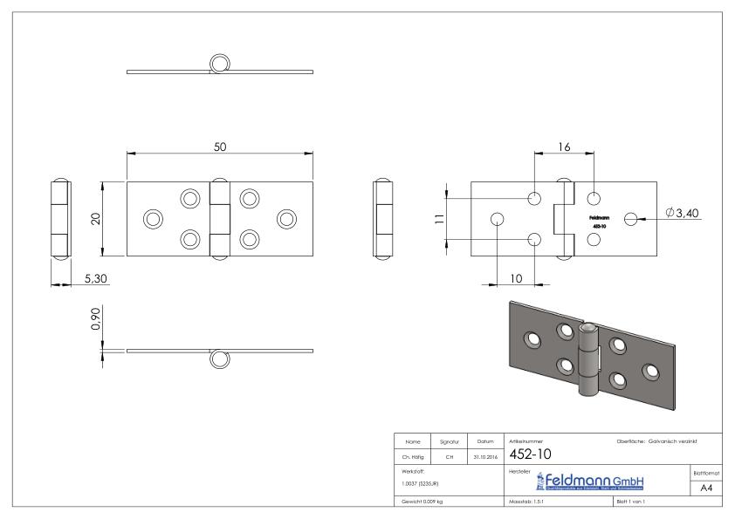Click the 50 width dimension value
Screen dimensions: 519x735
point(221,147)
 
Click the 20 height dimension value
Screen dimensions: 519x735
point(95,218)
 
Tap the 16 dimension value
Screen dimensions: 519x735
point(564,148)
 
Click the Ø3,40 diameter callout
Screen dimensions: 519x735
point(683,214)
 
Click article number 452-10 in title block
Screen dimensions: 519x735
point(526,453)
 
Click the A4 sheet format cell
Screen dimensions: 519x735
point(708,488)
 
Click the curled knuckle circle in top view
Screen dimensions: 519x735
point(220,64)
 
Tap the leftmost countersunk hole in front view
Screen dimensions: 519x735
point(153,218)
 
